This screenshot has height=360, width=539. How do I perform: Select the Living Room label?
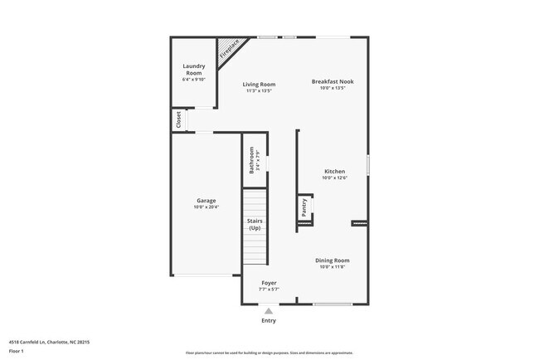[259, 84]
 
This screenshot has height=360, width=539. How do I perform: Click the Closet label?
[178, 119]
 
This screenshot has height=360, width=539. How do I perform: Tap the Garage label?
[206, 201]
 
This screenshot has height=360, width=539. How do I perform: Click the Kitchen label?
[334, 172]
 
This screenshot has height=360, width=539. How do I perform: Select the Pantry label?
[304, 207]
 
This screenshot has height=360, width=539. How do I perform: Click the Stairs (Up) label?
[255, 224]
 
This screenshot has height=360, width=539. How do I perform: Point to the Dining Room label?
[333, 260]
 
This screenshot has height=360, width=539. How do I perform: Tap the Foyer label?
[269, 283]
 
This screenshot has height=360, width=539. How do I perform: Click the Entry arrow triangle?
[269, 311]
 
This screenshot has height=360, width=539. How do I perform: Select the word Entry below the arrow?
[269, 321]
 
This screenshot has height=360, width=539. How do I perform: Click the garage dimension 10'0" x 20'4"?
[206, 207]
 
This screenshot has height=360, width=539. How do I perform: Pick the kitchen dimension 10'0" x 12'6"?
[334, 178]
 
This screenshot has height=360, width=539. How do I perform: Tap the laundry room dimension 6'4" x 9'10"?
[193, 80]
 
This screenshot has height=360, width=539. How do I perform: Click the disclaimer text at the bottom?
[269, 353]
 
